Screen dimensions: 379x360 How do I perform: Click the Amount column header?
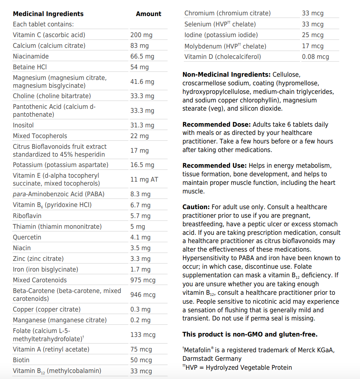click(x=148, y=14)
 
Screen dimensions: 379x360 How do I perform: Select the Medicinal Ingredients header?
click(x=48, y=14)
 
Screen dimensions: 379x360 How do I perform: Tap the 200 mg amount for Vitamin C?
click(x=141, y=35)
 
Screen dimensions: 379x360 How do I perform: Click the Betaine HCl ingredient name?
click(x=30, y=67)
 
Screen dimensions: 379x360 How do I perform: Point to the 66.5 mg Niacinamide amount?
click(x=142, y=56)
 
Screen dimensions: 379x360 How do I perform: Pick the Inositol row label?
click(x=23, y=125)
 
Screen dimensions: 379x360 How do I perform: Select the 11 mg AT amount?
click(x=144, y=180)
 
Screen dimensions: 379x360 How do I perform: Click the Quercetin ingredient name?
click(x=27, y=237)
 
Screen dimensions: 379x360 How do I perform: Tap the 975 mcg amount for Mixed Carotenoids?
click(x=143, y=280)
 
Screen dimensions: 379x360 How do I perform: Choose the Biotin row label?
click(x=21, y=360)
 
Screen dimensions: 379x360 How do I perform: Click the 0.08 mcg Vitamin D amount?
click(x=315, y=57)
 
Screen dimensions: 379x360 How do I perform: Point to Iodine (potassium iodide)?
click(x=221, y=35)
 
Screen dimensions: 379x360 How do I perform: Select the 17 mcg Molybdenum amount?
click(x=313, y=46)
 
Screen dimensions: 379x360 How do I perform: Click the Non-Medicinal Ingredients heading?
click(x=226, y=75)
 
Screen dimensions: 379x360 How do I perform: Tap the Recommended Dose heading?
click(x=217, y=125)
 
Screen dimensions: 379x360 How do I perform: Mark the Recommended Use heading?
click(x=214, y=166)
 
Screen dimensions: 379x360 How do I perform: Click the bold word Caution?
click(x=196, y=207)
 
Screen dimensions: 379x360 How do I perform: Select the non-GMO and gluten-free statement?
click(x=250, y=334)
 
